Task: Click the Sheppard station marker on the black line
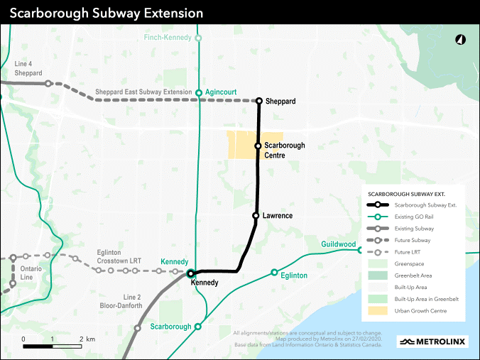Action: [x=259, y=101]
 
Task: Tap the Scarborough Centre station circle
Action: [x=258, y=145]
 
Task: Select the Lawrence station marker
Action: [x=255, y=215]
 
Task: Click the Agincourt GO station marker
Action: [x=199, y=92]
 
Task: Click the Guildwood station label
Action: [x=338, y=244]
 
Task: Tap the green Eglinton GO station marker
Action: [x=274, y=273]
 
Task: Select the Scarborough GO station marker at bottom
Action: [x=198, y=327]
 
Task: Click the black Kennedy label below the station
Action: [x=204, y=283]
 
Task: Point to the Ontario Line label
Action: [x=31, y=273]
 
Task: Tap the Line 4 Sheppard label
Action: [x=28, y=68]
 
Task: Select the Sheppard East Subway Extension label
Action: [x=143, y=92]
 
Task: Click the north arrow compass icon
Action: [x=459, y=40]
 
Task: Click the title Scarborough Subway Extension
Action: [x=107, y=13]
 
